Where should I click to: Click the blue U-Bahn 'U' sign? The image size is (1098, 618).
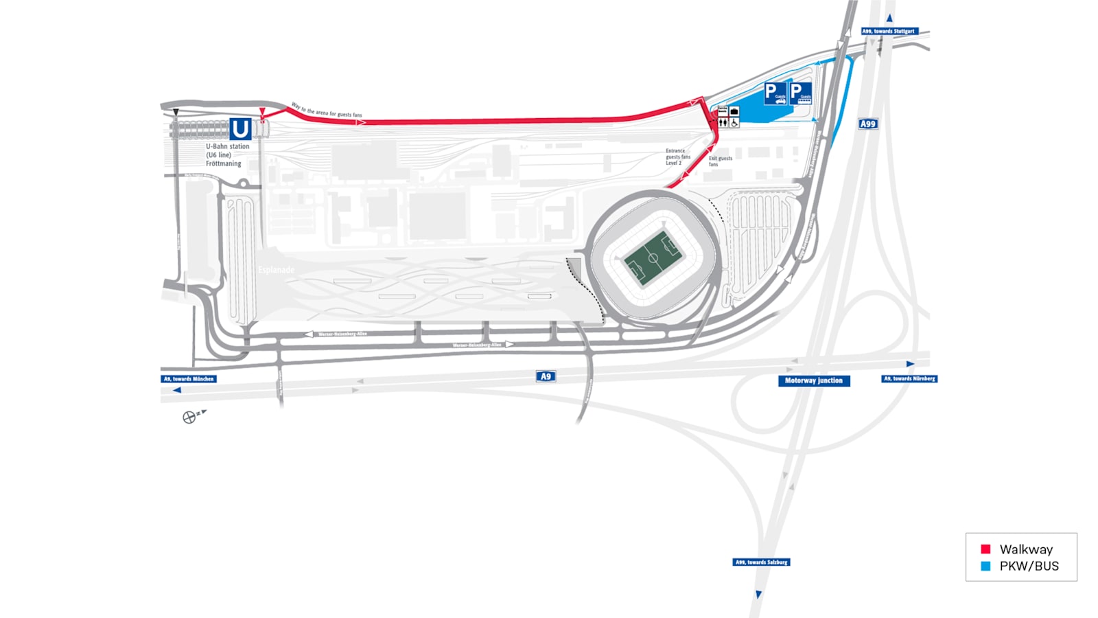click(x=240, y=129)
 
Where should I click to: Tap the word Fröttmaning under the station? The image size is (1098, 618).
click(x=224, y=164)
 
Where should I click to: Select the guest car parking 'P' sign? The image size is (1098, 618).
click(x=775, y=93)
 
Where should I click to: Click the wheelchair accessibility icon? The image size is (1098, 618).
click(x=734, y=123)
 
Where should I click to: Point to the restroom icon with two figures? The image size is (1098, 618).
click(x=723, y=123)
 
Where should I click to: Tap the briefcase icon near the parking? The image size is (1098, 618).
click(x=734, y=111)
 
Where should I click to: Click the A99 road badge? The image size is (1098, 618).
click(x=868, y=124)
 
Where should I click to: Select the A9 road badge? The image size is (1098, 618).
click(x=546, y=376)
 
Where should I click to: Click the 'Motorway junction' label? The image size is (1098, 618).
click(x=814, y=380)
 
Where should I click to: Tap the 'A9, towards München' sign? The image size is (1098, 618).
click(x=189, y=379)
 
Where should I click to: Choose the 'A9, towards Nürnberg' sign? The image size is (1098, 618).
click(x=909, y=378)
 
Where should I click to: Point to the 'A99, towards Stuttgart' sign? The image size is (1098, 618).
click(x=889, y=31)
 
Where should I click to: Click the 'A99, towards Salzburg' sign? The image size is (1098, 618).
click(x=761, y=562)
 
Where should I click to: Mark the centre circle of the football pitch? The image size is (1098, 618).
click(x=653, y=259)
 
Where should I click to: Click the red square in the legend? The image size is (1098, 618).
click(x=985, y=549)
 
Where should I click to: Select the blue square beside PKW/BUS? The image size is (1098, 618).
click(x=985, y=566)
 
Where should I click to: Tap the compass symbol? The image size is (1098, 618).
click(x=189, y=417)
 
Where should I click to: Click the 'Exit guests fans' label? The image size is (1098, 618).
click(x=720, y=161)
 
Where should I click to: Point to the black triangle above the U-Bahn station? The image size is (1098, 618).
click(x=176, y=113)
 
